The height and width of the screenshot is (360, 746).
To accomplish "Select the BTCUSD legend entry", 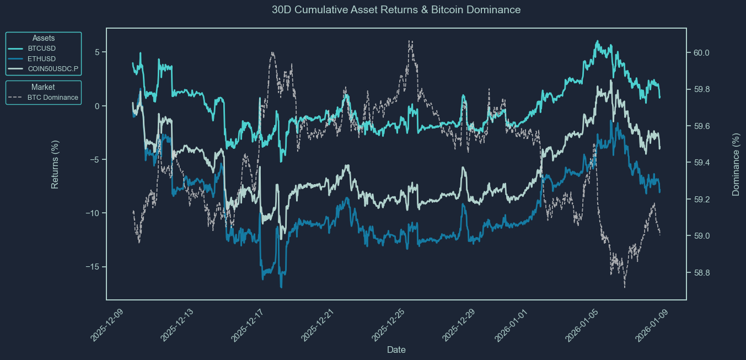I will pyautogui.click(x=41, y=49).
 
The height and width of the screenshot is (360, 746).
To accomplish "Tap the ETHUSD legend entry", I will pyautogui.click(x=41, y=58).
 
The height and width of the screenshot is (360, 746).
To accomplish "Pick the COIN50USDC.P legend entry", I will pyautogui.click(x=53, y=68).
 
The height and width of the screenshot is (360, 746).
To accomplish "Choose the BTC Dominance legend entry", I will pyautogui.click(x=52, y=98).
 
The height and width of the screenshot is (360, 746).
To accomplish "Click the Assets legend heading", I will pyautogui.click(x=44, y=38).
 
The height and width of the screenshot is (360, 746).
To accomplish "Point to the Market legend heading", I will pyautogui.click(x=43, y=87).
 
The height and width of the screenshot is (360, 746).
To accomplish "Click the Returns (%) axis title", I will pyautogui.click(x=55, y=164).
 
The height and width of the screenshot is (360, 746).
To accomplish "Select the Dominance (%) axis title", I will pyautogui.click(x=736, y=164).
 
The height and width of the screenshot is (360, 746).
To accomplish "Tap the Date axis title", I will pyautogui.click(x=396, y=350).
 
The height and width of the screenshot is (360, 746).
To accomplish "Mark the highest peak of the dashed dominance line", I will pyautogui.click(x=410, y=41).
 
